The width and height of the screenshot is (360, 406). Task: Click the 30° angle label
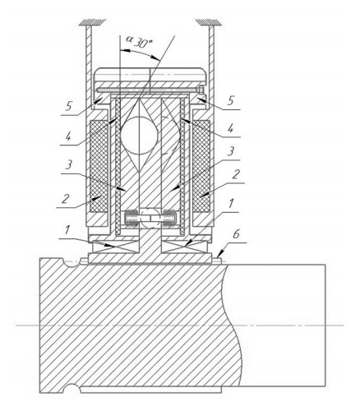143,43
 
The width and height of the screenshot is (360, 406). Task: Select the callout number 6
236,234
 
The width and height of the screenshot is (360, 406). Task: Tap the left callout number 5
68,106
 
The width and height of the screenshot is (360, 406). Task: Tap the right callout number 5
231,100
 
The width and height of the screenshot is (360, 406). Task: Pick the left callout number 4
68,136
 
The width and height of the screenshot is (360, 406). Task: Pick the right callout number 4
231,128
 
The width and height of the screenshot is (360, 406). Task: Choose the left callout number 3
69,164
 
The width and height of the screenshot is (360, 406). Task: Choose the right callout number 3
232,151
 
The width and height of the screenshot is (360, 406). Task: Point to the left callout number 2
65,199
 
